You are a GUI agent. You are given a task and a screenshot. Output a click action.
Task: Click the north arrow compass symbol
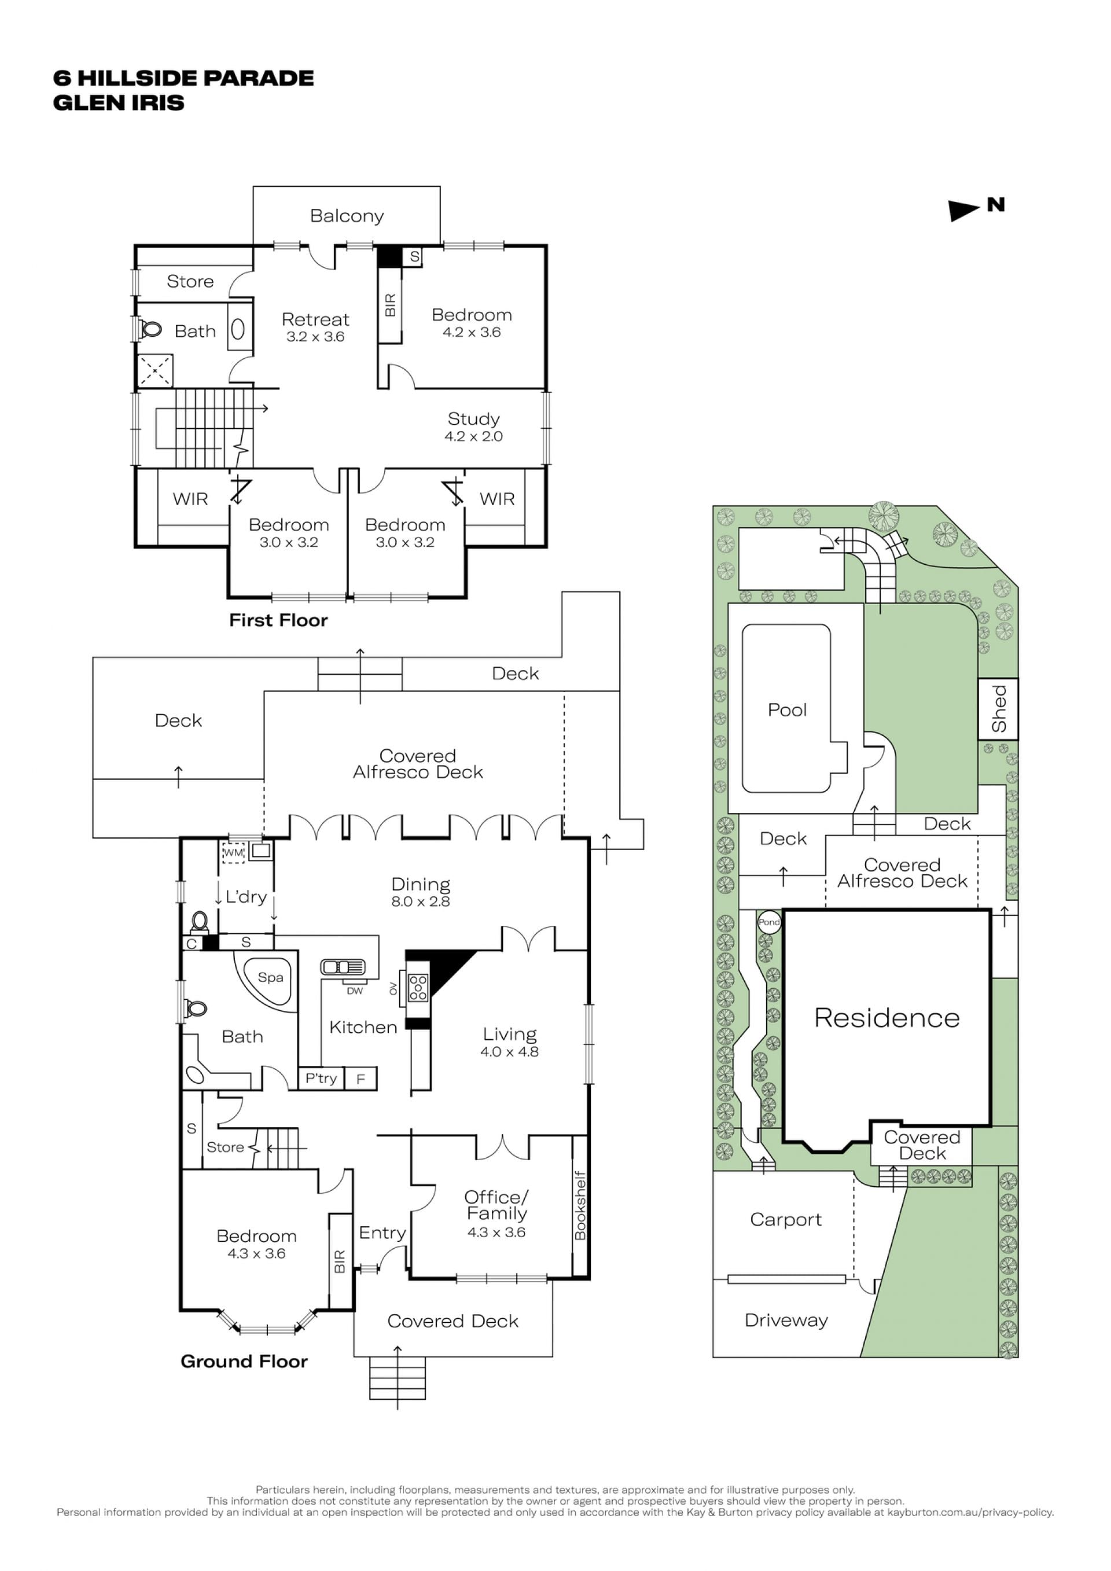click(x=964, y=210)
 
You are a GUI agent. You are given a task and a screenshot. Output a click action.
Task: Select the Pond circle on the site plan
click(x=769, y=922)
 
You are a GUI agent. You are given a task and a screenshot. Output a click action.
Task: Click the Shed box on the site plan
click(x=998, y=709)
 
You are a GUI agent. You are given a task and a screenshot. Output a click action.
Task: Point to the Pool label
click(x=787, y=710)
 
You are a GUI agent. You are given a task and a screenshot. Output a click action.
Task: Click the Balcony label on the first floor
click(x=347, y=216)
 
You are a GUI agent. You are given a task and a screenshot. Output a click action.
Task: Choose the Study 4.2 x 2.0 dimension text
click(x=473, y=436)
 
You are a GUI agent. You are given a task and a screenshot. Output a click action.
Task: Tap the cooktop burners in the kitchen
click(x=418, y=987)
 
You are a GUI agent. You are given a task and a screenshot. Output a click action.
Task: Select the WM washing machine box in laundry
click(x=233, y=852)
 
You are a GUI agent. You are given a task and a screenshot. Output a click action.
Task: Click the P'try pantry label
click(x=321, y=1079)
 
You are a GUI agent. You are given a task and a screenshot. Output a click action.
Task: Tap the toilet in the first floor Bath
click(x=150, y=330)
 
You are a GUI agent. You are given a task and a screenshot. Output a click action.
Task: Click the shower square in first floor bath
click(x=155, y=371)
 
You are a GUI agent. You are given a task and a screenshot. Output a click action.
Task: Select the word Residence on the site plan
click(x=886, y=1018)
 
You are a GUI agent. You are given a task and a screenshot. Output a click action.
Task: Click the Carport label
click(x=786, y=1220)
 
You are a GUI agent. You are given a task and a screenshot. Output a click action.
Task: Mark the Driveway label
click(x=786, y=1320)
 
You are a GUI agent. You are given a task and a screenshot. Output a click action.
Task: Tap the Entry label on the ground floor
click(x=382, y=1234)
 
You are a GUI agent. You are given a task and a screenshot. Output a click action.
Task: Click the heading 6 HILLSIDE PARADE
click(x=183, y=78)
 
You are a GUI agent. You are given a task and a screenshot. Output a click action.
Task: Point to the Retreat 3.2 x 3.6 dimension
click(x=315, y=337)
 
